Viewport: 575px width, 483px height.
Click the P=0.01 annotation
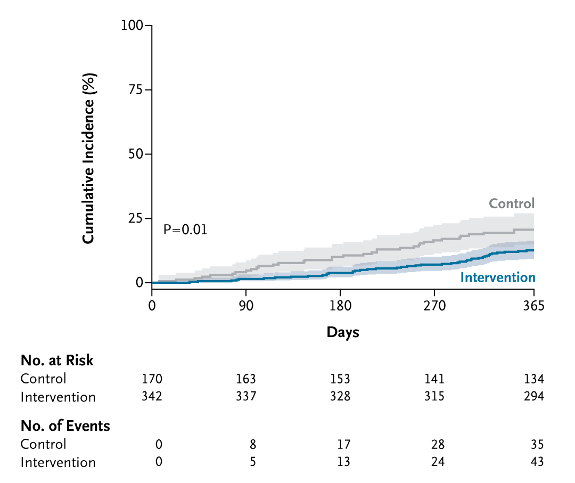(185, 230)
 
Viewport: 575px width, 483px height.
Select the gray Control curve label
(511, 203)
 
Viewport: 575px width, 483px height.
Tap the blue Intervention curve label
(497, 277)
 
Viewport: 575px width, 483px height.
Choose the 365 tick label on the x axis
(533, 306)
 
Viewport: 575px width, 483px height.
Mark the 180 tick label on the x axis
(340, 306)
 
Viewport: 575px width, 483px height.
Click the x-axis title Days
(343, 333)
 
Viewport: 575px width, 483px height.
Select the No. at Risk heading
(57, 361)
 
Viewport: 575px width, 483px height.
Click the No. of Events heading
(65, 426)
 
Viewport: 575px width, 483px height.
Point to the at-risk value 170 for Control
(152, 379)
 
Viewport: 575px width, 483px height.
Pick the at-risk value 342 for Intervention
(152, 397)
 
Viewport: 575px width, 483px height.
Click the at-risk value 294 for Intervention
(533, 397)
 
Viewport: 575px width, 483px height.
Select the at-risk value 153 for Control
(340, 379)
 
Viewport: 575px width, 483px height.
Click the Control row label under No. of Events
(44, 444)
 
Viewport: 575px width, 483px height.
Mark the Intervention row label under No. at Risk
(58, 397)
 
